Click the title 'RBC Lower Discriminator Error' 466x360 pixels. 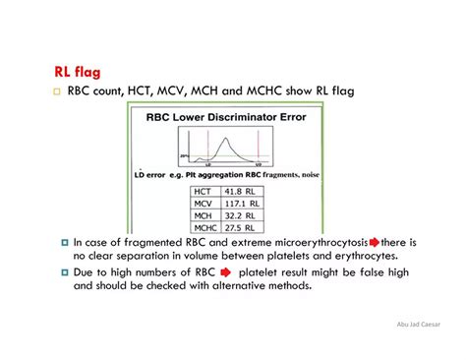click(x=227, y=117)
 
